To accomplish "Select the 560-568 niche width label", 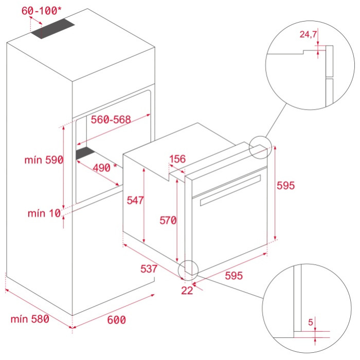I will pos(111,119).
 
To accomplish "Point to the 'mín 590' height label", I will pos(44,160).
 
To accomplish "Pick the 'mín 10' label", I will pos(44,213).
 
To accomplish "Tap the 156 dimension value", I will pos(177,159).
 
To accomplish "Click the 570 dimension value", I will pos(168,221).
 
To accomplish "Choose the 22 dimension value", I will pos(187,291).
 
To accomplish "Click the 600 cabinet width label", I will pos(116,320).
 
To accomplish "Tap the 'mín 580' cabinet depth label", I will pos(30,319).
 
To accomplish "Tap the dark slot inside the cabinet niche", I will pos(85,153).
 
